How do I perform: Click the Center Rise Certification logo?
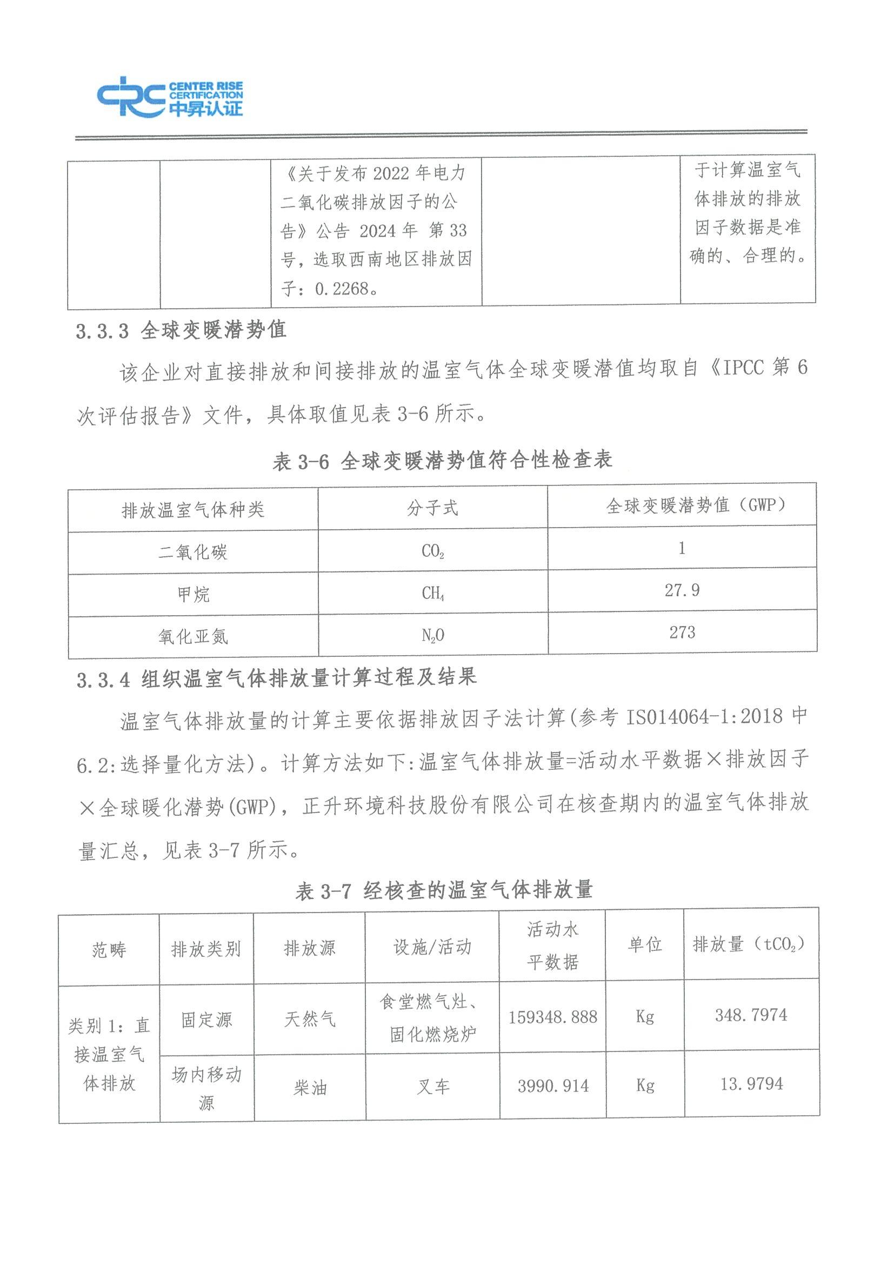170,97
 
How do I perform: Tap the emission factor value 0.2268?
343,288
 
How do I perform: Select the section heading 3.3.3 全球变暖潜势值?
181,330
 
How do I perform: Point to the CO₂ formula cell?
432,551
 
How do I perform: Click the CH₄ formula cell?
433,594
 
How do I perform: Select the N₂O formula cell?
433,636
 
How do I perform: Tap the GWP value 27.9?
682,591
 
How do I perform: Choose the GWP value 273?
682,632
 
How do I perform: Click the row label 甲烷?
193,595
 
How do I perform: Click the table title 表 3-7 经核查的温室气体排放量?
443,891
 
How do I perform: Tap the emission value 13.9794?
751,1084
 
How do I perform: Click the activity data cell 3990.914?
553,1086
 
